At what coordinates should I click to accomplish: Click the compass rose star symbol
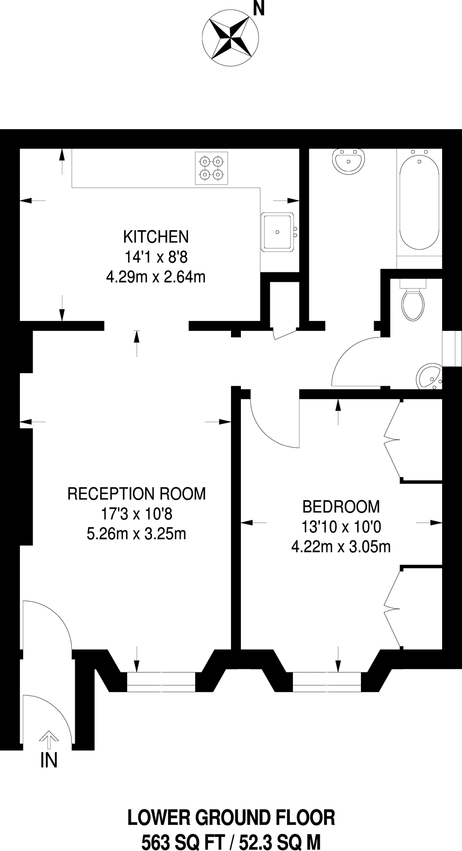point(231,36)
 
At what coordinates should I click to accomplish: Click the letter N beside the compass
point(258,9)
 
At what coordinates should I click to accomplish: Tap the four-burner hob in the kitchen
point(211,168)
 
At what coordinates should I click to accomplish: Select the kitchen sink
point(278,231)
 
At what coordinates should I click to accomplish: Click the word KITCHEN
point(156,236)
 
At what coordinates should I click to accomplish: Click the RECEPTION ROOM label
point(137,494)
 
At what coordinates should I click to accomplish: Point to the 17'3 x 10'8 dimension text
point(137,514)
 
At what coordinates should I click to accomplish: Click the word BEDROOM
point(341,507)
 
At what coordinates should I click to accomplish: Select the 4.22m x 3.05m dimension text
point(341,547)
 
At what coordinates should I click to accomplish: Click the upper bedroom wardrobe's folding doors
point(393,440)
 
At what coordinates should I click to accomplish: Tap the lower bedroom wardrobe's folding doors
point(393,608)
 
